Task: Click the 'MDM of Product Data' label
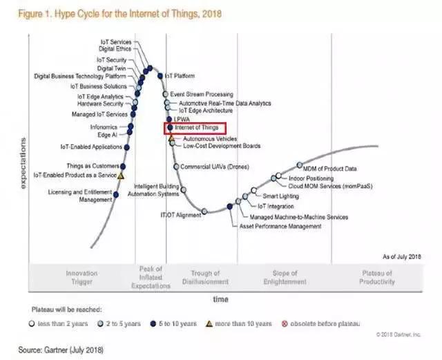tap(331, 168)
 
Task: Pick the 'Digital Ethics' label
tap(115, 50)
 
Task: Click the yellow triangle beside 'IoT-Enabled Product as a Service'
tap(121, 176)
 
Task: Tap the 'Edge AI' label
tap(108, 135)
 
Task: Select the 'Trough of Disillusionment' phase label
tap(209, 278)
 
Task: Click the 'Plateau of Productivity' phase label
tap(377, 278)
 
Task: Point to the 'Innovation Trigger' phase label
tap(81, 278)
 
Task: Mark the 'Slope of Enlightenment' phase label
tap(285, 278)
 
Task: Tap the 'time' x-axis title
tap(220, 299)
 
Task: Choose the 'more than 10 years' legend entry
tap(240, 323)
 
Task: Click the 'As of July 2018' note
tap(402, 256)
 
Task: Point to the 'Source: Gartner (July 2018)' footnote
tap(61, 350)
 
